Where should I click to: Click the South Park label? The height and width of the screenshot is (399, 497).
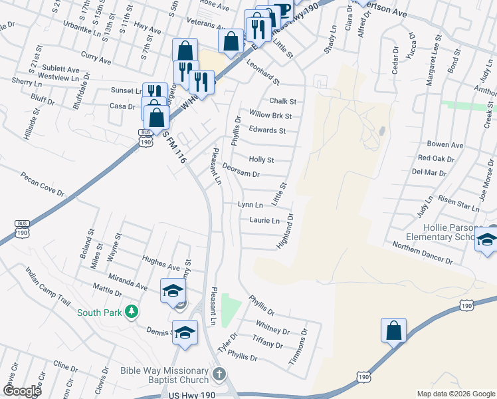pyautogui.click(x=100, y=312)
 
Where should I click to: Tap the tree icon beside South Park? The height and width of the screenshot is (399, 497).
pyautogui.click(x=132, y=311)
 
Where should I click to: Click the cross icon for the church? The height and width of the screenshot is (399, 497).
pyautogui.click(x=220, y=376)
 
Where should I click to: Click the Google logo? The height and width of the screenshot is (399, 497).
pyautogui.click(x=21, y=391)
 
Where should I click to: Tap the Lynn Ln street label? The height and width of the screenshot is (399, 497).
pyautogui.click(x=250, y=205)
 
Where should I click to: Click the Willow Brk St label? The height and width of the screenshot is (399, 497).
pyautogui.click(x=270, y=116)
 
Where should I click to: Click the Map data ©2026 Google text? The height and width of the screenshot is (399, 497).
pyautogui.click(x=455, y=394)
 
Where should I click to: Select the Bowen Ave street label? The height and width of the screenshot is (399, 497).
pyautogui.click(x=445, y=144)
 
